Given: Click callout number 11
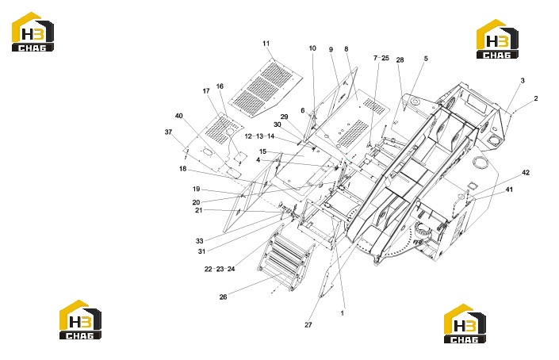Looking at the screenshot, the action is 266,44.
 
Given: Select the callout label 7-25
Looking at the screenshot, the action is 381,58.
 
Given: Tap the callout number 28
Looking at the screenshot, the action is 400,60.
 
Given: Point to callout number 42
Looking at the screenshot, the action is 526,173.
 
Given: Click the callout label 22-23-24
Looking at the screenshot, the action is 220,269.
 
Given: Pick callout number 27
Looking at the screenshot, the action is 308,324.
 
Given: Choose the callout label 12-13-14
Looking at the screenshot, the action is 259,136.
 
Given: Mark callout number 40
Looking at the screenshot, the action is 179,116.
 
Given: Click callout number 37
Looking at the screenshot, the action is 168,132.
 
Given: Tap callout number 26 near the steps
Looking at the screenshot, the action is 223,297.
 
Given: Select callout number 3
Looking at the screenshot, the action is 523,81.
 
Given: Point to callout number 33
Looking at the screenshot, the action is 199,241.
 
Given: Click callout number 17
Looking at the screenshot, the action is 206,91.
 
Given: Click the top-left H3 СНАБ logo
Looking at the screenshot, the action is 33,32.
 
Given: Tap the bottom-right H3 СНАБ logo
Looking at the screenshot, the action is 465,324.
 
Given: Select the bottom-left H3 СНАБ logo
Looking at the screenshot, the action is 80,320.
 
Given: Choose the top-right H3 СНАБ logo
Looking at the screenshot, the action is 498,39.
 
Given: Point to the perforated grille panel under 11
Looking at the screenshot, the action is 266,88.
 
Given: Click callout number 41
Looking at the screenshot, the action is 509,190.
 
